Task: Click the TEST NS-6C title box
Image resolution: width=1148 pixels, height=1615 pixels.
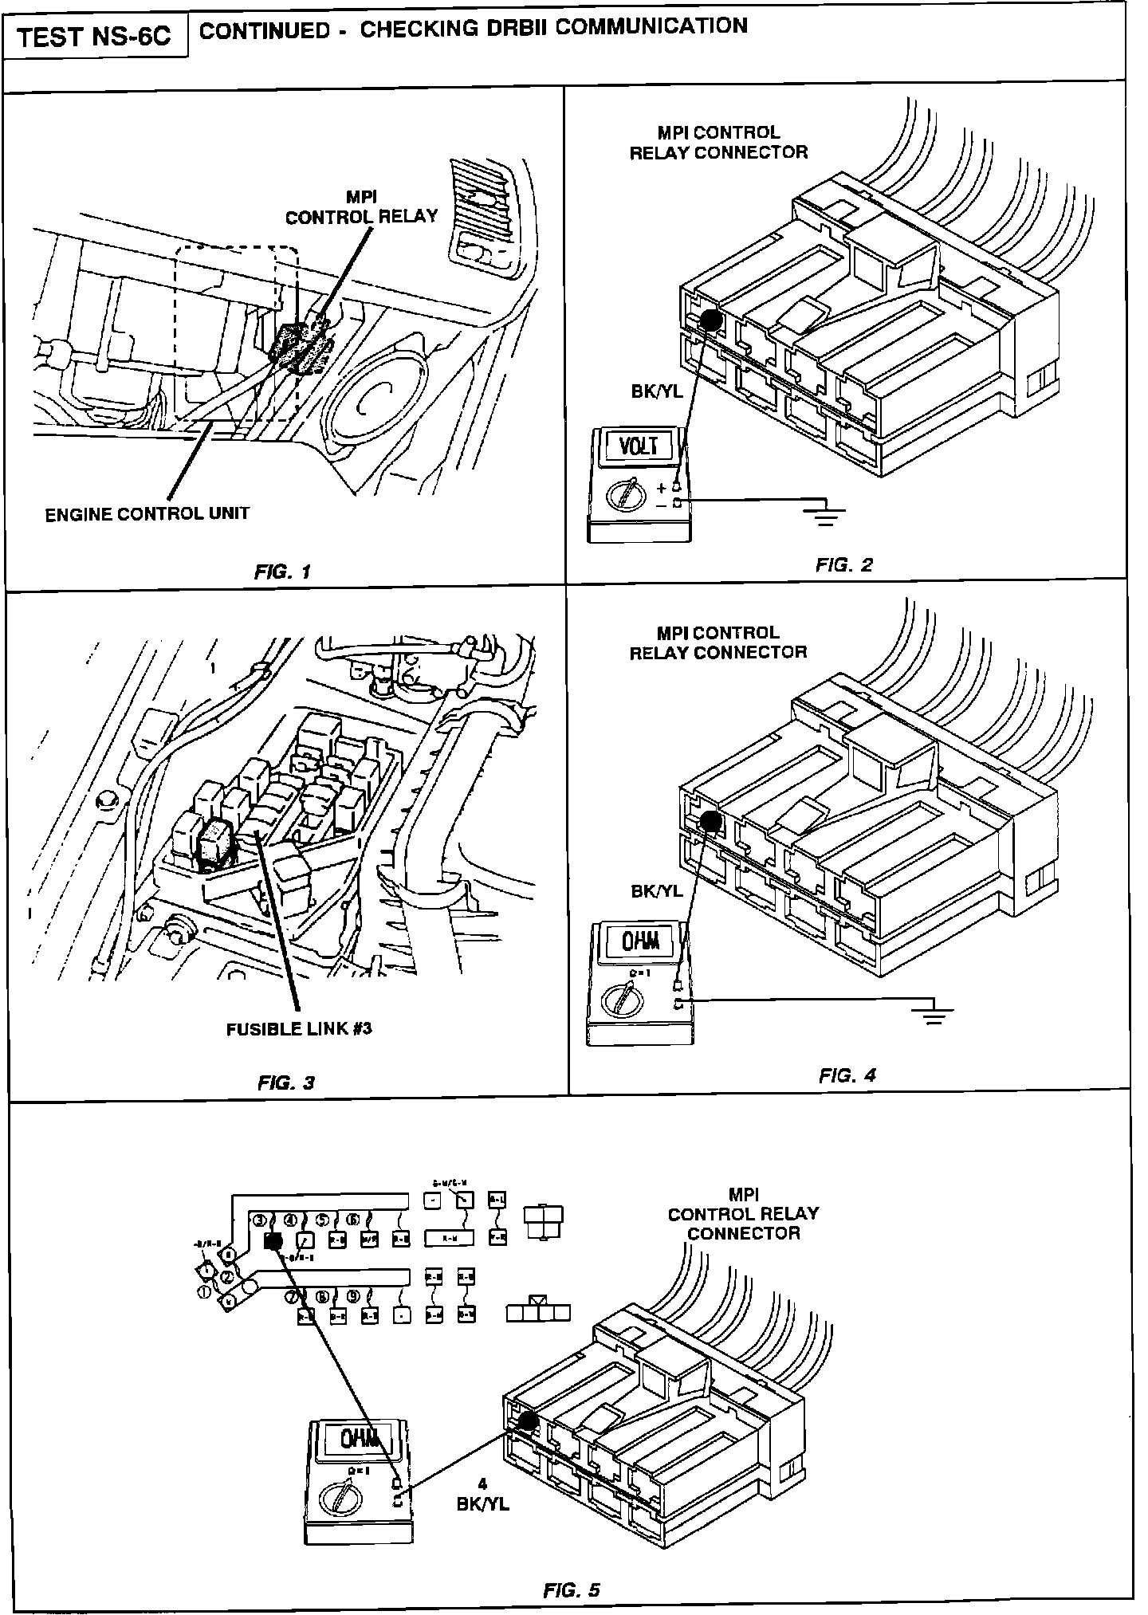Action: click(94, 36)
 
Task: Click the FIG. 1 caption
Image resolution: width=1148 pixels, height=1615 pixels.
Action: click(282, 571)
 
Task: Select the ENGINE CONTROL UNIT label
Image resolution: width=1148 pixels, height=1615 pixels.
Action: click(147, 514)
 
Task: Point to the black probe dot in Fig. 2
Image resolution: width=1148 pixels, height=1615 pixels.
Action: click(711, 320)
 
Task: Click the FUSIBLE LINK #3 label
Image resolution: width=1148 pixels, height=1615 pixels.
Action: click(299, 1028)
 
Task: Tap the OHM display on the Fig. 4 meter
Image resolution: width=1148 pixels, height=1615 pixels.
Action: click(640, 943)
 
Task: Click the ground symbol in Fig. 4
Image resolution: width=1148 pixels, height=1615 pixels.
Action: click(933, 1015)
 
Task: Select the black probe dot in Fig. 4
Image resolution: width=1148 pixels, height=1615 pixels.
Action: click(710, 821)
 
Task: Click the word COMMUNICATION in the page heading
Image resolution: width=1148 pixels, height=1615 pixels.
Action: click(651, 27)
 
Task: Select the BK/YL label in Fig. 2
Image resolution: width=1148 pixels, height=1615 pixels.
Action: click(656, 391)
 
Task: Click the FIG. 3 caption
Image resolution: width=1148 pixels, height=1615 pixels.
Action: click(286, 1082)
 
